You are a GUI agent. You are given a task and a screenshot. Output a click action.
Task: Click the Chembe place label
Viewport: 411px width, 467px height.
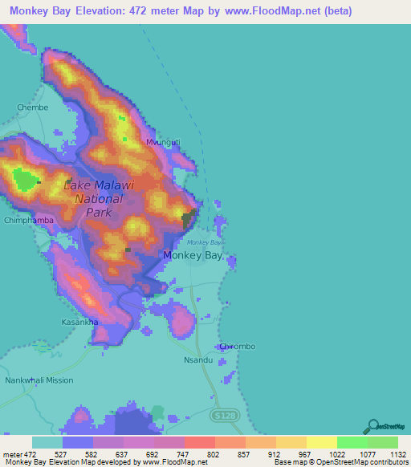coord(33,107)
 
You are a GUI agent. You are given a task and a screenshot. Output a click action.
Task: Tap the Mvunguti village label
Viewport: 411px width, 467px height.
coord(163,142)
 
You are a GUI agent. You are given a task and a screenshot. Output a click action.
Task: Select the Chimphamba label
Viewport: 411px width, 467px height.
coord(29,220)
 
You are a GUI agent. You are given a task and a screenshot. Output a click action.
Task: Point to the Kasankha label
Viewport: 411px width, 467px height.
coord(80,322)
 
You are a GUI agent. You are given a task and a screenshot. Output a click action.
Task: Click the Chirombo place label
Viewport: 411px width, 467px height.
coord(237,346)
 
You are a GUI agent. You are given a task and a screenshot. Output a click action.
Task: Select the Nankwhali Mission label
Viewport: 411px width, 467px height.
coord(39,380)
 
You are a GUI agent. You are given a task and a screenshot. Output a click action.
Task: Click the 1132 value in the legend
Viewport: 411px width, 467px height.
coord(389,454)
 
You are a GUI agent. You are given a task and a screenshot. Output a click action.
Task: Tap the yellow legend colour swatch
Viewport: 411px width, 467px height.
coord(321,442)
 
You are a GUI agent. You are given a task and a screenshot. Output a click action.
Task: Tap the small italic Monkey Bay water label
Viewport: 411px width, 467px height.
coord(204,242)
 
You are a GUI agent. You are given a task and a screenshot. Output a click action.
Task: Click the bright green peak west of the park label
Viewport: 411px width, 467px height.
coord(26,181)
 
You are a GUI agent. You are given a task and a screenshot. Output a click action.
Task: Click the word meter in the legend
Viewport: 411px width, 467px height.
coord(12,454)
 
